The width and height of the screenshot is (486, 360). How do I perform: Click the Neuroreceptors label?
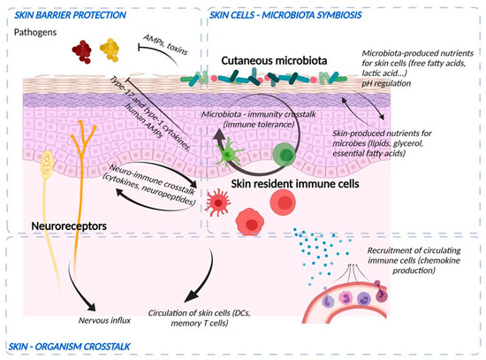(x=52, y=226)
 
